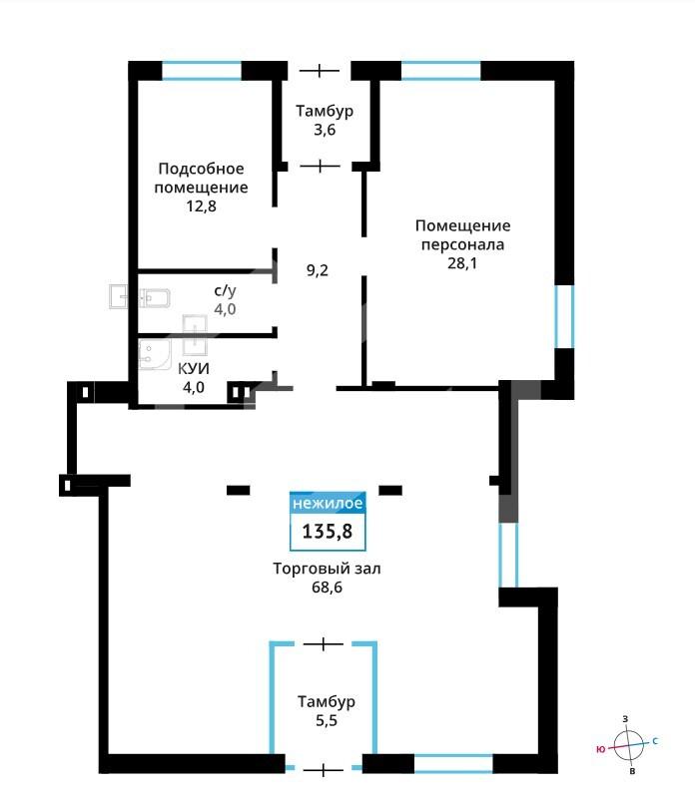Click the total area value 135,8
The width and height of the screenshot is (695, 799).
click(x=328, y=532)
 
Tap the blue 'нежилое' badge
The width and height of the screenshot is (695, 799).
click(x=328, y=503)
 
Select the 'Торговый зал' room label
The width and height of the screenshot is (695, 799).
click(x=327, y=569)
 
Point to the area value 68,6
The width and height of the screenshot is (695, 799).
click(x=327, y=587)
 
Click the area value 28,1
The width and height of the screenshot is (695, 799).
click(x=461, y=263)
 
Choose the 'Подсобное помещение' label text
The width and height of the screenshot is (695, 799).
click(x=201, y=178)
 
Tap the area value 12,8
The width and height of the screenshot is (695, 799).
click(x=201, y=205)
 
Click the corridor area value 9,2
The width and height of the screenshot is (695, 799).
click(x=317, y=270)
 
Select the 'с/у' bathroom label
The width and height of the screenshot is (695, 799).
click(x=225, y=290)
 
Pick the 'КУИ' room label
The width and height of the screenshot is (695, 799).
click(x=194, y=368)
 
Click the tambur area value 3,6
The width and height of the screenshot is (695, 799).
click(x=325, y=130)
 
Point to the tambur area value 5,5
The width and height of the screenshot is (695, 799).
click(x=327, y=720)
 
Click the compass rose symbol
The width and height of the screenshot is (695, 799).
click(x=628, y=745)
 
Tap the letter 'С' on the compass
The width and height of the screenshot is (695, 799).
click(x=655, y=741)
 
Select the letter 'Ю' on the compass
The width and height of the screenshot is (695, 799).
click(x=600, y=749)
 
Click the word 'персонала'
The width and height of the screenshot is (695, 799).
click(x=462, y=244)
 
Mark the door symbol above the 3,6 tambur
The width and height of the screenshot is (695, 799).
click(x=319, y=70)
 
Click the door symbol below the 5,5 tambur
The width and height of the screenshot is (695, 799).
click(x=323, y=769)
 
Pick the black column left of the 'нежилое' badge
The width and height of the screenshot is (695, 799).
click(x=239, y=490)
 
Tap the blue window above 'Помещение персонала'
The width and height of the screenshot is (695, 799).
click(x=441, y=71)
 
